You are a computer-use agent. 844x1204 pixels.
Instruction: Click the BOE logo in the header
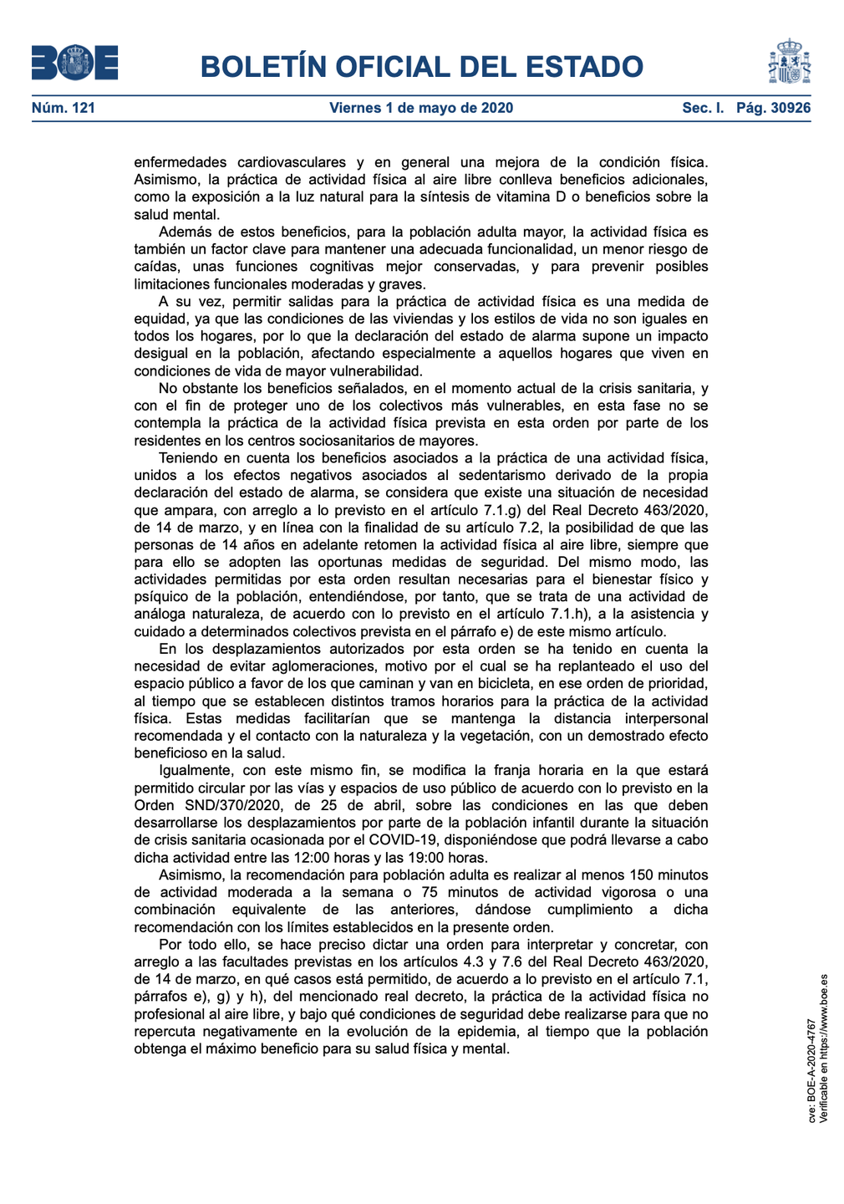[x=74, y=63]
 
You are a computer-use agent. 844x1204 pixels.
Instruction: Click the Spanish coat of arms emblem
[x=789, y=61]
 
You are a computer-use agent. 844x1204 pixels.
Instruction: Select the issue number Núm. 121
[x=64, y=108]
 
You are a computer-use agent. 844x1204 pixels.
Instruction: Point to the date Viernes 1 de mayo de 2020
[x=421, y=108]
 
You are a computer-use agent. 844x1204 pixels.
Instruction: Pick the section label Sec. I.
[x=703, y=108]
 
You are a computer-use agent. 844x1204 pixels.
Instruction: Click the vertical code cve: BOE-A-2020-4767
[x=811, y=1069]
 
